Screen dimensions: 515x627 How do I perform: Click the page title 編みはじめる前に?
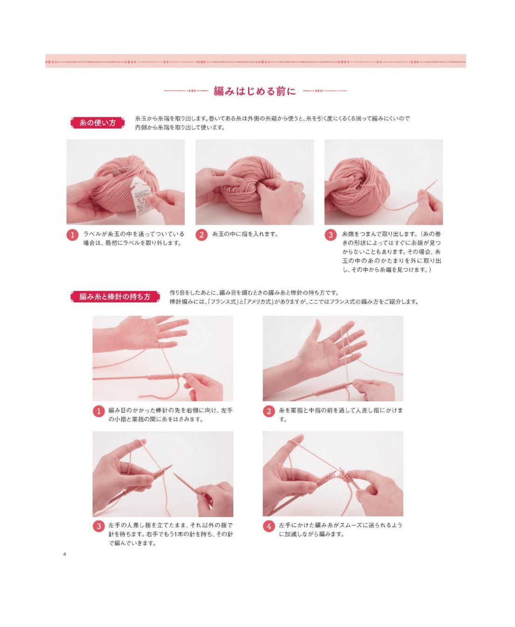(x=255, y=91)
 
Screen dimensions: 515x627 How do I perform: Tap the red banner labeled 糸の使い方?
(x=97, y=123)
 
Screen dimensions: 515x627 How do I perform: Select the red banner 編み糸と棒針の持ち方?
(x=115, y=297)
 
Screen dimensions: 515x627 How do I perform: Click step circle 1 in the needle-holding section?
(x=98, y=411)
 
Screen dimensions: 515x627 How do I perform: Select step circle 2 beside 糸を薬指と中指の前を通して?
(x=269, y=411)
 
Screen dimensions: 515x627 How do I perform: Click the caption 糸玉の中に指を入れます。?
(x=245, y=234)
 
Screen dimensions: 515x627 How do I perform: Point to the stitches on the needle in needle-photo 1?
(x=164, y=376)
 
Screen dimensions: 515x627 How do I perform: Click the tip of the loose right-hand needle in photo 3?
(x=174, y=474)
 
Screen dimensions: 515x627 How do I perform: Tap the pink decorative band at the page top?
(x=256, y=61)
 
